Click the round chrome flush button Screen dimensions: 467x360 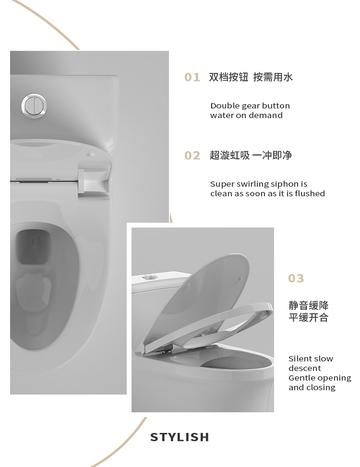34,105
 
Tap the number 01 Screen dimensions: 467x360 192,78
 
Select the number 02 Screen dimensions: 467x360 192,156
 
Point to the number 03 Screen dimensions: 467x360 296,278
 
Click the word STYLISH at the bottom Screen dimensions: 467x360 180,437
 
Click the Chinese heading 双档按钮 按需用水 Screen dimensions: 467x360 251,77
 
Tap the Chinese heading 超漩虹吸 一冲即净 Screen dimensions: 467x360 251,155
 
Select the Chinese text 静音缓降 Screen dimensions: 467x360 309,306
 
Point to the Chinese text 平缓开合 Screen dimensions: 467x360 309,317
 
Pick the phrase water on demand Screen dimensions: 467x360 246,115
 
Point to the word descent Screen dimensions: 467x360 305,368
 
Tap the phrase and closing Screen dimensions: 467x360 312,387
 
